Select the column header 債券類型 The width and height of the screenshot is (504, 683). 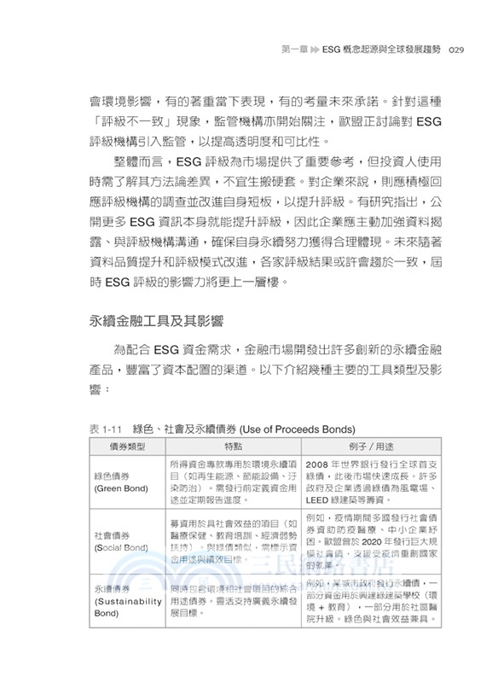tap(125, 446)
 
